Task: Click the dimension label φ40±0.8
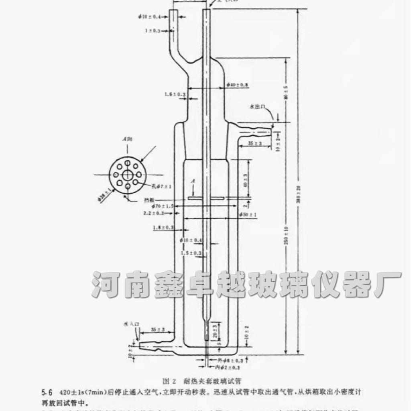237,85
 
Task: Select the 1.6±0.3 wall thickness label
175,94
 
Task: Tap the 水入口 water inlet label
131,323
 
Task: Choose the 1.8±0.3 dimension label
163,228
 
